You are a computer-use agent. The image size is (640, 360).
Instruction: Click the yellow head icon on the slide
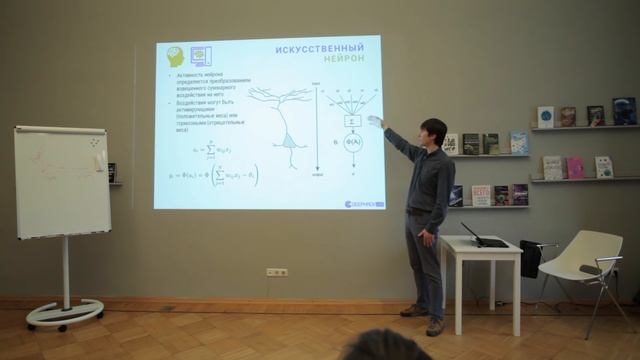click(176, 56)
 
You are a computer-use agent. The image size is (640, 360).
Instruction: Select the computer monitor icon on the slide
click(200, 56)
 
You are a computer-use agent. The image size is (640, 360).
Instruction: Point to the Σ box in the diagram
click(351, 121)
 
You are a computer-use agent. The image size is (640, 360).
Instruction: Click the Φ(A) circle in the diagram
click(351, 142)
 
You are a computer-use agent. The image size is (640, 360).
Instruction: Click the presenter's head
click(432, 131)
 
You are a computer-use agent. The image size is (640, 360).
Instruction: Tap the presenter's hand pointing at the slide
click(375, 121)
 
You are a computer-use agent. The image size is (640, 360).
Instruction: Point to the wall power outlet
click(277, 272)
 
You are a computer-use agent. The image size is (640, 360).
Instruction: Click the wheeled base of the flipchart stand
click(64, 314)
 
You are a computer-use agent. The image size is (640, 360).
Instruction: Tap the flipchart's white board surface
click(61, 183)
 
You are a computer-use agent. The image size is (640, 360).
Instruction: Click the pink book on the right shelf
click(575, 168)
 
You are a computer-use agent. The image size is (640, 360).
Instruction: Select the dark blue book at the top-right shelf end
click(624, 110)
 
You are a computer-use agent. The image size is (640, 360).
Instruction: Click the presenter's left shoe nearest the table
click(435, 327)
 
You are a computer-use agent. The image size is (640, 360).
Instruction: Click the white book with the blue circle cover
click(545, 117)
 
